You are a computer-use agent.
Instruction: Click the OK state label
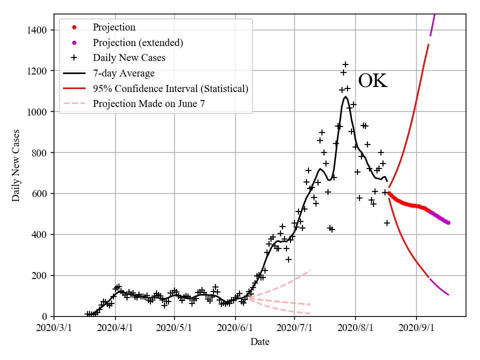pos(373,81)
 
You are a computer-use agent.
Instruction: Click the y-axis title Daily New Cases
pos(16,165)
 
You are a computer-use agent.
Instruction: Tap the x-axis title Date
pos(260,342)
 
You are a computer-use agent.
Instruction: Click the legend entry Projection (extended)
pos(138,42)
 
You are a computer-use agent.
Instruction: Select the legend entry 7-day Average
pos(123,73)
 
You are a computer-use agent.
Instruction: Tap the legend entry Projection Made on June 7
pos(148,104)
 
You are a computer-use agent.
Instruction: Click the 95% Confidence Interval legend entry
pos(170,89)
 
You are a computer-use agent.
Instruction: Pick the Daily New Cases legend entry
pos(129,58)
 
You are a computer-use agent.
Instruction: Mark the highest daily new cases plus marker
pos(345,64)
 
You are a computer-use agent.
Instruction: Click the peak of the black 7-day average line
pos(345,96)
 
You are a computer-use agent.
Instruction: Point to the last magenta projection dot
pos(448,222)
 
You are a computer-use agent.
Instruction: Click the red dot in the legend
pos(74,27)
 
